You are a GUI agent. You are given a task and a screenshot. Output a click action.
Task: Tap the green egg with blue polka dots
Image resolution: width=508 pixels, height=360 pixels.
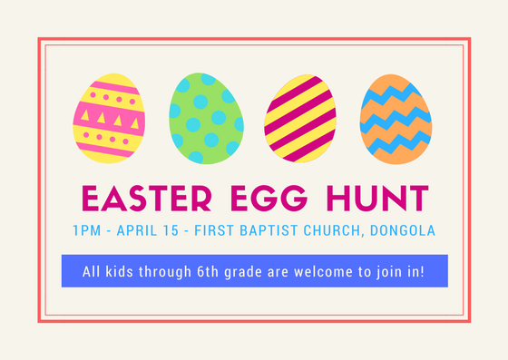(204, 118)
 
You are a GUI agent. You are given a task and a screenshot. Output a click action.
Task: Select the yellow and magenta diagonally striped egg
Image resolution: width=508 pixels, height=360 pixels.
(299, 118)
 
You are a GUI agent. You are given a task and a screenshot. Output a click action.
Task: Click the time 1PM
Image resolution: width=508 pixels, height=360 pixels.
(87, 230)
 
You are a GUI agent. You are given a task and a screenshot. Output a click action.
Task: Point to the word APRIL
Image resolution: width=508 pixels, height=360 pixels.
(144, 230)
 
